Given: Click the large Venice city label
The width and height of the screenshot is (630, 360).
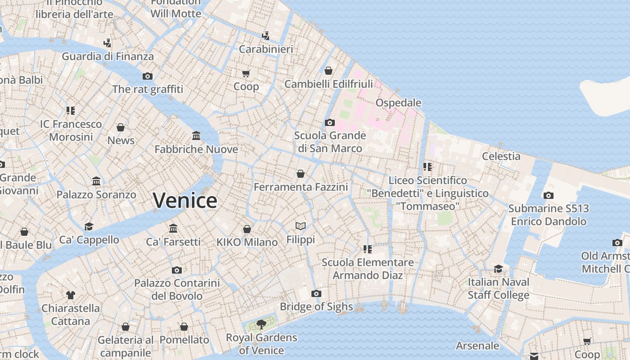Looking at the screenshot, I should coord(185,201).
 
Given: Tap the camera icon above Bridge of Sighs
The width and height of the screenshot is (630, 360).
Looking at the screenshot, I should coord(316,294).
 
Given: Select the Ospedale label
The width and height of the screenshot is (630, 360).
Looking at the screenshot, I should coord(398,103).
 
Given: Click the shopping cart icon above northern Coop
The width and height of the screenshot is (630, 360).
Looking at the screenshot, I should coord(246,73).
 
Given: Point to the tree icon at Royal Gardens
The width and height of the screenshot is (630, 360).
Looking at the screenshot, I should coord(261,324).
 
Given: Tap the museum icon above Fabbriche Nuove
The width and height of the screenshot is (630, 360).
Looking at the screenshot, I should coord(196,135).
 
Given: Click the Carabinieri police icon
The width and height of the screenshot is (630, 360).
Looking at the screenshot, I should coord(266,36).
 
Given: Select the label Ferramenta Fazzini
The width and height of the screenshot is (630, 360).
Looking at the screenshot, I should coord(301,187).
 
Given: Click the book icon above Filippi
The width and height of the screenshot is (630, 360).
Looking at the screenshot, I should coord(301,226).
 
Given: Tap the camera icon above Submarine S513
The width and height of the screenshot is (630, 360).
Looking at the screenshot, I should coord(548,195).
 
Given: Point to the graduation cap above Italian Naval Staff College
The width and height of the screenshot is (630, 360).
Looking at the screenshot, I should coord(498,269).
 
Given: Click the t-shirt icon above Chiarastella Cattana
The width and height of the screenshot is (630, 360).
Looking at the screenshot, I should coord(71,295).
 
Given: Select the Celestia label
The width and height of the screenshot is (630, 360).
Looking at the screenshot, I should coord(501,156).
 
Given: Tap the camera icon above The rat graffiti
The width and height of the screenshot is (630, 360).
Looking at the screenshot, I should coord(148,76).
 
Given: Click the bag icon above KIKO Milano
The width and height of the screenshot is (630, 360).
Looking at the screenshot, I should coord(247,229).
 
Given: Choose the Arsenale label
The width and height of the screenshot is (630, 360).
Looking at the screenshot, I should coord(477,346).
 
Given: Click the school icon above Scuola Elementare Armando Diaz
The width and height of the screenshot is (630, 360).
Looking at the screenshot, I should coord(368,249).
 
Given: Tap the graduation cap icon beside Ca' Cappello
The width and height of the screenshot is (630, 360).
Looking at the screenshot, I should coord(89,226).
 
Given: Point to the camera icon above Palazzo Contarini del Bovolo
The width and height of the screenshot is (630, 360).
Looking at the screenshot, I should coord(177,270).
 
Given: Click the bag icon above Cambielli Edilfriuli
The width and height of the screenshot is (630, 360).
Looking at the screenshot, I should coord(328,71).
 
